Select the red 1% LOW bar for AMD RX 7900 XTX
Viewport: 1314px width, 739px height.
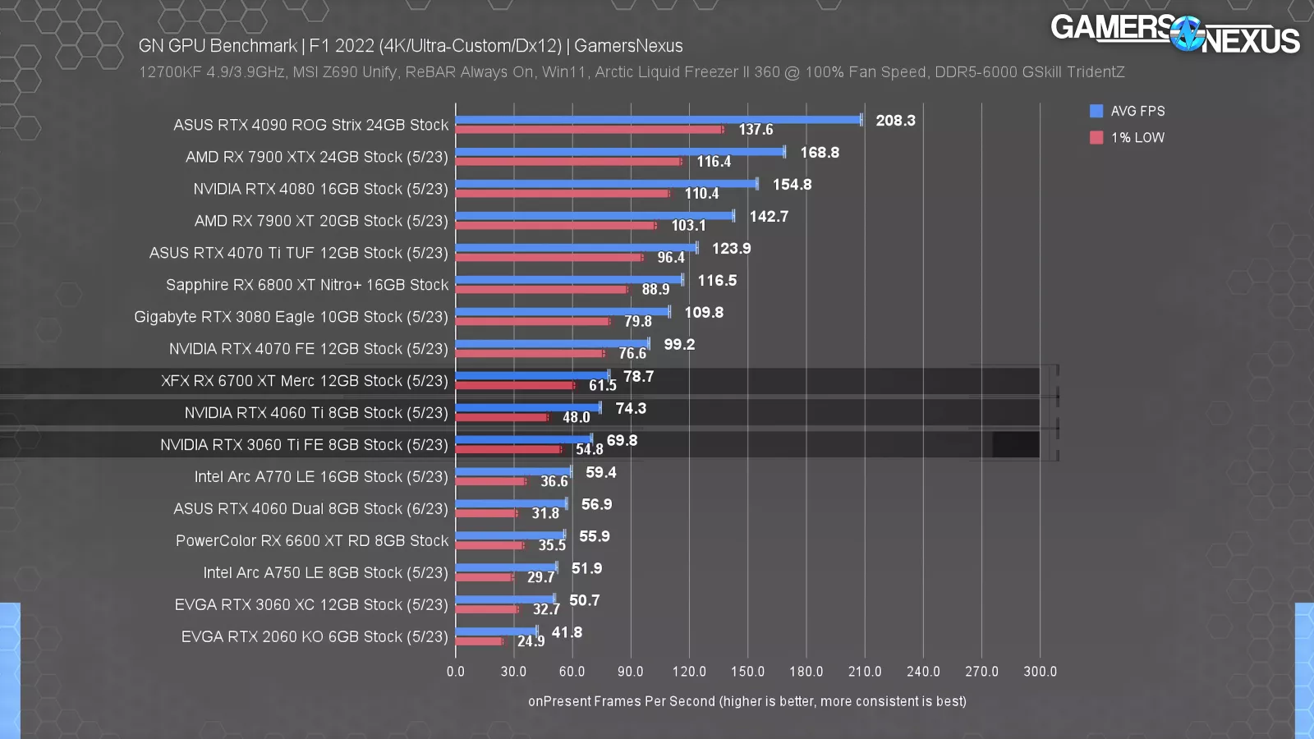coord(568,162)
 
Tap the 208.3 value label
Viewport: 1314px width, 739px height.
coord(895,121)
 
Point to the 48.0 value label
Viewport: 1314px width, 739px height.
coord(576,417)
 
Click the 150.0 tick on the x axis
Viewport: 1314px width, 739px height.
coord(747,672)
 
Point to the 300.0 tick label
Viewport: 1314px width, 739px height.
coord(1040,672)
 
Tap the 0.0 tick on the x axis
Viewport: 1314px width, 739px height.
coord(456,672)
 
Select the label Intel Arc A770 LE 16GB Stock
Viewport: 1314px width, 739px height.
coord(321,477)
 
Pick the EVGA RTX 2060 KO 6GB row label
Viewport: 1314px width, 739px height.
coord(315,637)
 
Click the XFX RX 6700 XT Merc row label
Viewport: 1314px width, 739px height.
coord(305,381)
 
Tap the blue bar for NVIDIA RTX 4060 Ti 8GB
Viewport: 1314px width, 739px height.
coord(528,408)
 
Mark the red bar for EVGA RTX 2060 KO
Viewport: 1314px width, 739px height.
coord(480,641)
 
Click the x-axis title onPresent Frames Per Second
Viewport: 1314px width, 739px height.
coord(747,701)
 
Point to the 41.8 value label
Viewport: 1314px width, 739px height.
coord(567,632)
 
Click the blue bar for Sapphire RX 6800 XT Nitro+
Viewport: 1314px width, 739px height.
coord(569,280)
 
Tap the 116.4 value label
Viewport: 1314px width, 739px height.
coord(714,162)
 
